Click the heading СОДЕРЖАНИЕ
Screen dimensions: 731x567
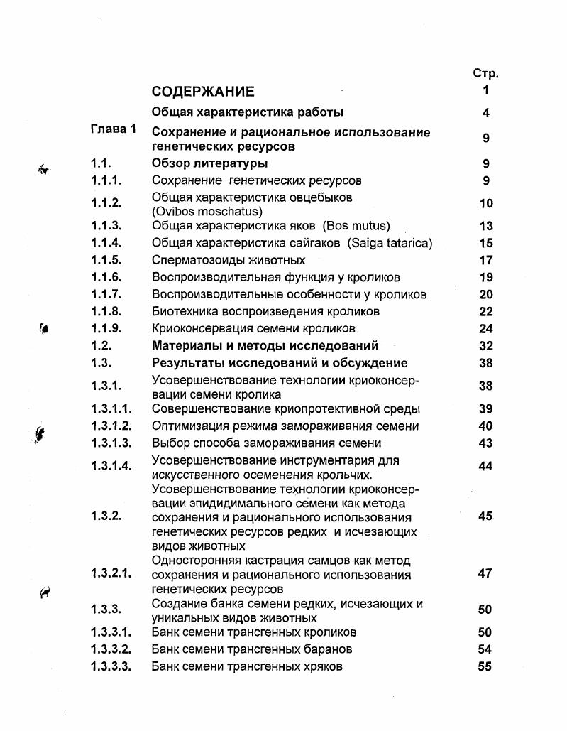pyautogui.click(x=202, y=92)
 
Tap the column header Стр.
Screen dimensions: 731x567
pyautogui.click(x=485, y=73)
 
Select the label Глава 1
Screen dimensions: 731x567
pyautogui.click(x=113, y=129)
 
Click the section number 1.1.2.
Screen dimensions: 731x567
pyautogui.click(x=106, y=203)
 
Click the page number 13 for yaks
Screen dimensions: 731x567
pyautogui.click(x=485, y=226)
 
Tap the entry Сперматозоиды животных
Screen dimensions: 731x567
pyautogui.click(x=229, y=260)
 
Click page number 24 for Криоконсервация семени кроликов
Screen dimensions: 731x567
pyautogui.click(x=485, y=328)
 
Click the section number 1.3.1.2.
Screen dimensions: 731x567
pyautogui.click(x=111, y=426)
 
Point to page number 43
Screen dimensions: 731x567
pyautogui.click(x=485, y=443)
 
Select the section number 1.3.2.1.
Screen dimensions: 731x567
pyautogui.click(x=111, y=573)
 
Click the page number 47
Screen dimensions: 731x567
pyautogui.click(x=485, y=573)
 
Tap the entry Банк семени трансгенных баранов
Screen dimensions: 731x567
pyautogui.click(x=252, y=649)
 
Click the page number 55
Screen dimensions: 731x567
pyautogui.click(x=485, y=666)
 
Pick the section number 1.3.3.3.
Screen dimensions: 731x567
pyautogui.click(x=111, y=666)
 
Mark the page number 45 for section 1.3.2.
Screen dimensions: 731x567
pyautogui.click(x=485, y=516)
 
